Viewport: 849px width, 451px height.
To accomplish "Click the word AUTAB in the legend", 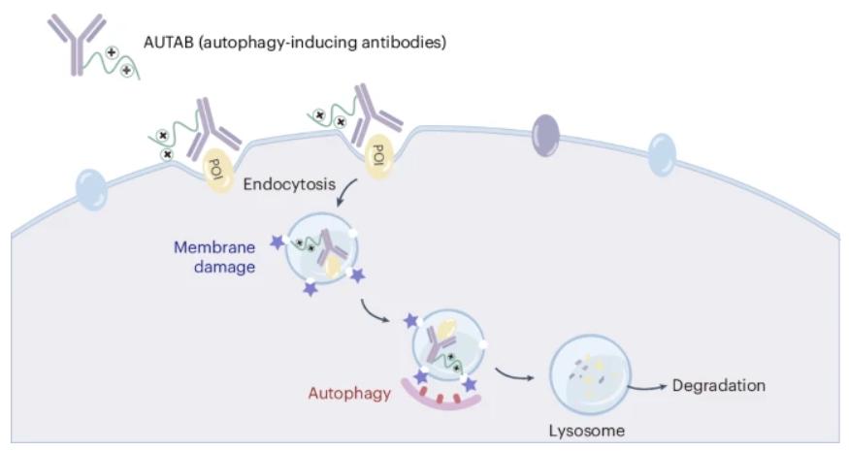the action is click(169, 43).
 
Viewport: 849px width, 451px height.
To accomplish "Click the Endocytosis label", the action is click(289, 184).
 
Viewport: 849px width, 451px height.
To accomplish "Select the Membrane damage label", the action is click(214, 257).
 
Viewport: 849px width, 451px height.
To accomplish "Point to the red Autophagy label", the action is click(349, 393).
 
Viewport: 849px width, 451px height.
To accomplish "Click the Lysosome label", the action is click(587, 431).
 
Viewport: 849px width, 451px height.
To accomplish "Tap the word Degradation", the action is click(719, 385).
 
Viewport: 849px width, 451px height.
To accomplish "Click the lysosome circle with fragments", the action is click(590, 374).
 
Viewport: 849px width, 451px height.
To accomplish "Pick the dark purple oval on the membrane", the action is click(545, 136).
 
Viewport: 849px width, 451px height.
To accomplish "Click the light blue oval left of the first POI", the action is click(91, 189).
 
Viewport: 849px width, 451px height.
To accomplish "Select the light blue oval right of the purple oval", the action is click(662, 155).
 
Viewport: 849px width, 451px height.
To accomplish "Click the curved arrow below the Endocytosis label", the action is click(349, 190).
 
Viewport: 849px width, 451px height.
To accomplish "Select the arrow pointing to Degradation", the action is click(647, 387).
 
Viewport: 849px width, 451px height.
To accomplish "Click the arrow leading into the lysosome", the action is click(513, 374).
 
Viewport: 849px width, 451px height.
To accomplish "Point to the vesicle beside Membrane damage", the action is click(321, 248).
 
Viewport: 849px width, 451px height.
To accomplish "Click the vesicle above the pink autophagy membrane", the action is click(449, 343).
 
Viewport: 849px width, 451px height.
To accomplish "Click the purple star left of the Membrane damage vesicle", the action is click(278, 242).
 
